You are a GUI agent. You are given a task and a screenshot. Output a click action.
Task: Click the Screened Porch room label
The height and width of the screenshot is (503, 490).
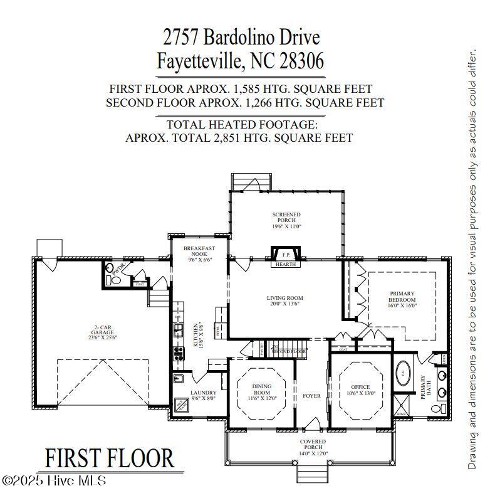pyautogui.click(x=286, y=220)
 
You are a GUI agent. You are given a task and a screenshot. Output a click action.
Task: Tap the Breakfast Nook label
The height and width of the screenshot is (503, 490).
pyautogui.click(x=195, y=253)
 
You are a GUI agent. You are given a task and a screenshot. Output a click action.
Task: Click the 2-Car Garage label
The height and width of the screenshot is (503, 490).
pyautogui.click(x=103, y=332)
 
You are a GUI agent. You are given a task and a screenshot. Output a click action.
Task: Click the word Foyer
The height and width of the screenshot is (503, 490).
pyautogui.click(x=311, y=396)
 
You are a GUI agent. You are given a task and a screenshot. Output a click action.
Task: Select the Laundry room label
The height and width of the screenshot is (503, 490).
pyautogui.click(x=203, y=395)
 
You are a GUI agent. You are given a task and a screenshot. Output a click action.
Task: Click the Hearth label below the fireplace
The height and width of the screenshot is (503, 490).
pyautogui.click(x=286, y=265)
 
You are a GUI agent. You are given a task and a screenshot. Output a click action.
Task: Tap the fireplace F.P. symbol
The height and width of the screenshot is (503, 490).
pyautogui.click(x=286, y=255)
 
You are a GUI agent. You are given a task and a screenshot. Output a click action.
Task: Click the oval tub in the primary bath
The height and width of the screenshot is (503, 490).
pyautogui.click(x=403, y=371)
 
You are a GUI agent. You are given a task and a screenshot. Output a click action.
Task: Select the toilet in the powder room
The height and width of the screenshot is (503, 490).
pyautogui.click(x=115, y=280)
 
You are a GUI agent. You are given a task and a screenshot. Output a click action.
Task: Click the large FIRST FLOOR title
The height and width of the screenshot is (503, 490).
pyautogui.click(x=109, y=458)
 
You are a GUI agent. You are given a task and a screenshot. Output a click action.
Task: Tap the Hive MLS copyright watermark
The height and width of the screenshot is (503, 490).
pyautogui.click(x=55, y=481)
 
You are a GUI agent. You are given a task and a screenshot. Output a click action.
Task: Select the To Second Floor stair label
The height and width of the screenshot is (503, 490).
pyautogui.click(x=288, y=350)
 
